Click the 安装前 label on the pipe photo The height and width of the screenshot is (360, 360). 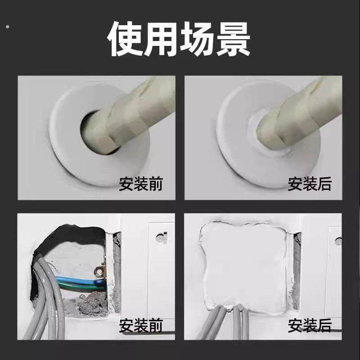coord(141,184)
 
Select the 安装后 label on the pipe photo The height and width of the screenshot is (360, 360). coord(310,184)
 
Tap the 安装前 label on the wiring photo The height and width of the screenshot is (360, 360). coord(141,325)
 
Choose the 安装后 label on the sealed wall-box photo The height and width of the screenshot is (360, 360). coord(310,325)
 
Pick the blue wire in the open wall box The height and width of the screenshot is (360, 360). coord(76,283)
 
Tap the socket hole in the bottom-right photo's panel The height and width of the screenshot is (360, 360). coord(338,242)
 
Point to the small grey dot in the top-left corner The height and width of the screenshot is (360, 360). coord(7,27)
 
